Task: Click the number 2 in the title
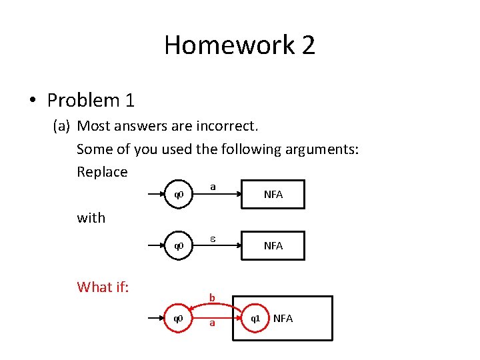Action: click(307, 45)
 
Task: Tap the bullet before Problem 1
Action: click(32, 101)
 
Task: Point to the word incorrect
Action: click(227, 126)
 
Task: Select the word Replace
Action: click(102, 172)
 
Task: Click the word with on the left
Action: click(91, 217)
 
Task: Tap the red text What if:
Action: click(103, 287)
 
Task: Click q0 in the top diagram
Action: click(179, 195)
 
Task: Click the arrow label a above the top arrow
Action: click(213, 187)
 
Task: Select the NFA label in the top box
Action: click(273, 195)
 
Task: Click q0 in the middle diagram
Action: click(179, 246)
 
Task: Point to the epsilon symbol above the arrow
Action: click(213, 237)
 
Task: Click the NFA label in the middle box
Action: click(273, 246)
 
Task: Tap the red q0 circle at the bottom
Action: click(179, 319)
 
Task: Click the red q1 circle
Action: click(255, 319)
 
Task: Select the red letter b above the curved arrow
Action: click(212, 297)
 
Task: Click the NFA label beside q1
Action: click(283, 319)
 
